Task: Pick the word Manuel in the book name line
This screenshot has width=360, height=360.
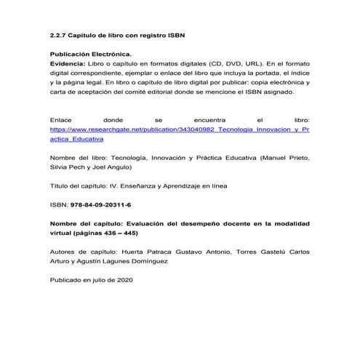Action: [x=268, y=157]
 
